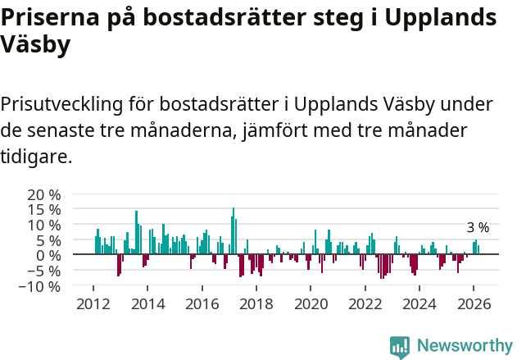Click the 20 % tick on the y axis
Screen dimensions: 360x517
(x=44, y=195)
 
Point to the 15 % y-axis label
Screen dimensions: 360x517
(x=44, y=210)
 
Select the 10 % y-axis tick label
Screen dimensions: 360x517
(x=44, y=226)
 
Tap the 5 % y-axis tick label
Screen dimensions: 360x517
(x=48, y=240)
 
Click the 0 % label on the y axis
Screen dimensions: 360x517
(x=48, y=255)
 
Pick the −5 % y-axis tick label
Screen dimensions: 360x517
(x=44, y=271)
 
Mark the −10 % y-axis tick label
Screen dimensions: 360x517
(x=40, y=286)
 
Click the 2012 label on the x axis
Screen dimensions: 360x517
(x=93, y=303)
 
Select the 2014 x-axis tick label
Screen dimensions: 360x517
(x=147, y=303)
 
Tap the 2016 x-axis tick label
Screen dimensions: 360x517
(x=202, y=303)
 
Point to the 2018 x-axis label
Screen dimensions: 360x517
(x=256, y=303)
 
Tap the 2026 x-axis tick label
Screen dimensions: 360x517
(x=474, y=303)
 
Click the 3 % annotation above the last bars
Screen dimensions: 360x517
(x=478, y=228)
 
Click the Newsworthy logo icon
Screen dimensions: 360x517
(x=400, y=346)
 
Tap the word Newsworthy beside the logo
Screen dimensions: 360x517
(x=464, y=346)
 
